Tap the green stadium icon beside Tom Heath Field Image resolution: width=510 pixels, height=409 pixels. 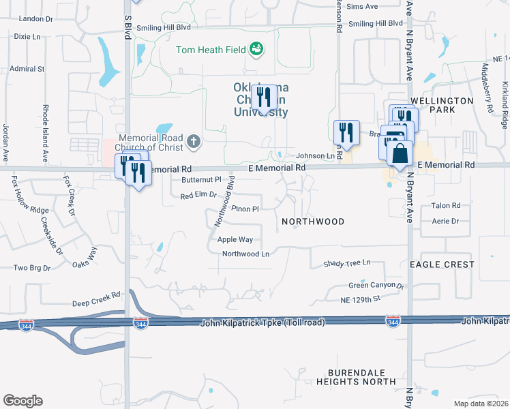[x=256, y=48]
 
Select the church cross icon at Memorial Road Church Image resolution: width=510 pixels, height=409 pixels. [x=194, y=142]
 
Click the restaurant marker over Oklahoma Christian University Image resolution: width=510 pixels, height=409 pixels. [x=264, y=97]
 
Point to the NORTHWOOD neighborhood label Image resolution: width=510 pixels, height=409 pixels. [x=314, y=222]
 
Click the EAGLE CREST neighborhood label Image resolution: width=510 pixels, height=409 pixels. [x=442, y=264]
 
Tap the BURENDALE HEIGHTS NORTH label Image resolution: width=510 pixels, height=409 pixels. [x=361, y=377]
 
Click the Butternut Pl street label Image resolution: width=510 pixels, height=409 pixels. [x=202, y=180]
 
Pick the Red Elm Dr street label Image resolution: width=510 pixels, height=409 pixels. [x=198, y=196]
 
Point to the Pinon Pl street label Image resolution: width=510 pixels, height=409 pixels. [x=245, y=209]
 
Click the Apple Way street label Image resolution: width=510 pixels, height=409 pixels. [x=235, y=239]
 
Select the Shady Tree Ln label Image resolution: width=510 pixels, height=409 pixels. [x=346, y=262]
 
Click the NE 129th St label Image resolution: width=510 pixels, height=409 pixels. [x=360, y=299]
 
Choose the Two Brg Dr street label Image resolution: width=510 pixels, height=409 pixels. [x=32, y=268]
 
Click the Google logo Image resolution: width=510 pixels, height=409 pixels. [x=22, y=401]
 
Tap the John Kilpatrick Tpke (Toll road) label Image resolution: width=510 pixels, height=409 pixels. [x=262, y=322]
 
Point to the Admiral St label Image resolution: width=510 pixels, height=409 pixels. [x=27, y=69]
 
